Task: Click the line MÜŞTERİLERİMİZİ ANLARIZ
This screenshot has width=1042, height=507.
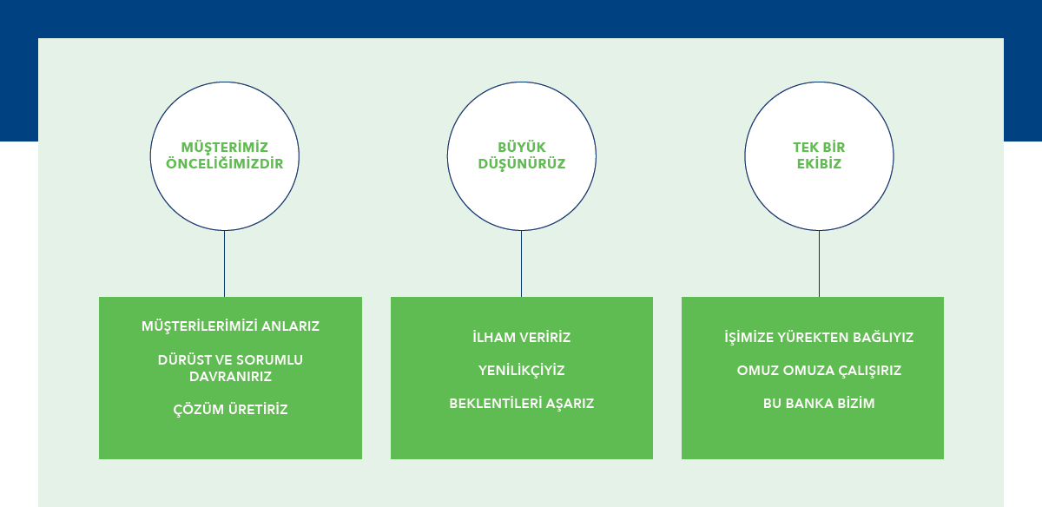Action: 230,326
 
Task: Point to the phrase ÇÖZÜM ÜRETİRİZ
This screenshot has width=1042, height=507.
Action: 230,410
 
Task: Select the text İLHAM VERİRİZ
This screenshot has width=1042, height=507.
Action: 521,337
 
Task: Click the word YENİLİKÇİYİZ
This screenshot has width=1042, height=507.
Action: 521,371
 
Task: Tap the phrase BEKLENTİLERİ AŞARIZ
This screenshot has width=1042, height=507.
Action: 521,404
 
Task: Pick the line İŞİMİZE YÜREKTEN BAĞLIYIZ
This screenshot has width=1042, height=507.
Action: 818,337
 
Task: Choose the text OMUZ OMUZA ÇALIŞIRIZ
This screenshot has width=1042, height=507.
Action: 818,371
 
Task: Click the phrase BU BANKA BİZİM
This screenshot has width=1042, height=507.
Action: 818,404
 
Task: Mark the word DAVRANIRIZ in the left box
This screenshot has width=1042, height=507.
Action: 230,377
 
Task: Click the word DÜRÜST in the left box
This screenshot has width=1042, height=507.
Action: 181,359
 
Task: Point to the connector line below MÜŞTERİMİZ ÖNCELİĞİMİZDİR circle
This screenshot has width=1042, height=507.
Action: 224,263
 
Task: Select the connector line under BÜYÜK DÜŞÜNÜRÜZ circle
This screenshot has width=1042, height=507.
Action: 521,263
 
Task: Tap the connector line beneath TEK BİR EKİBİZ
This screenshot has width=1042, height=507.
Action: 819,263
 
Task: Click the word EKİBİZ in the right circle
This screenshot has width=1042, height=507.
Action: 819,163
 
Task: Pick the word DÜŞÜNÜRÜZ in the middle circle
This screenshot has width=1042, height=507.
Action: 521,163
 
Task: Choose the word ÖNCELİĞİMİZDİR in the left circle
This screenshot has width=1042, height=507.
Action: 225,163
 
